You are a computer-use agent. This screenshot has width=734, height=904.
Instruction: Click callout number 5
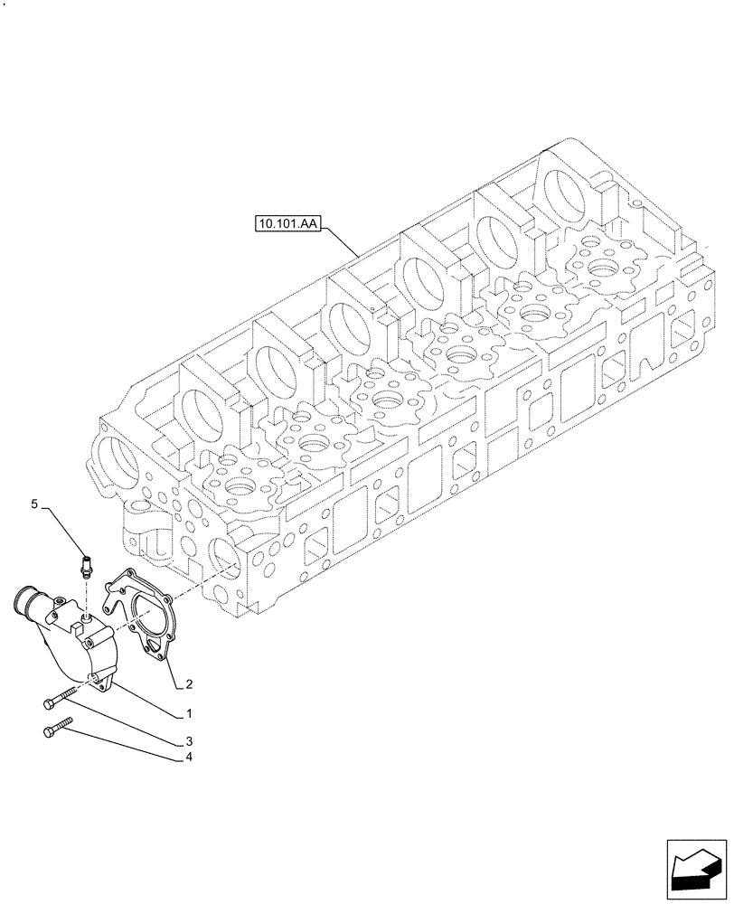tap(34, 504)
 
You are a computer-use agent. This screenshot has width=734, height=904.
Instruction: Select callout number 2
tap(188, 683)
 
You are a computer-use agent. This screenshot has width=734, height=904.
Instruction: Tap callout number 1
tap(188, 713)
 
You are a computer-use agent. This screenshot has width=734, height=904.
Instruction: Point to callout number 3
tap(188, 741)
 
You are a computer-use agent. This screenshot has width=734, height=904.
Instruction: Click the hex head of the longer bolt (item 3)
tap(47, 702)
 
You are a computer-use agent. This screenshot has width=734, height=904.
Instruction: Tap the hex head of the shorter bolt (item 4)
tap(48, 732)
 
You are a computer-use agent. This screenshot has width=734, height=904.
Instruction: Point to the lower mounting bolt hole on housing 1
tap(93, 678)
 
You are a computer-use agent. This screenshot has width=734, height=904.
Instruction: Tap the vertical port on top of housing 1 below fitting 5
tap(83, 617)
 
